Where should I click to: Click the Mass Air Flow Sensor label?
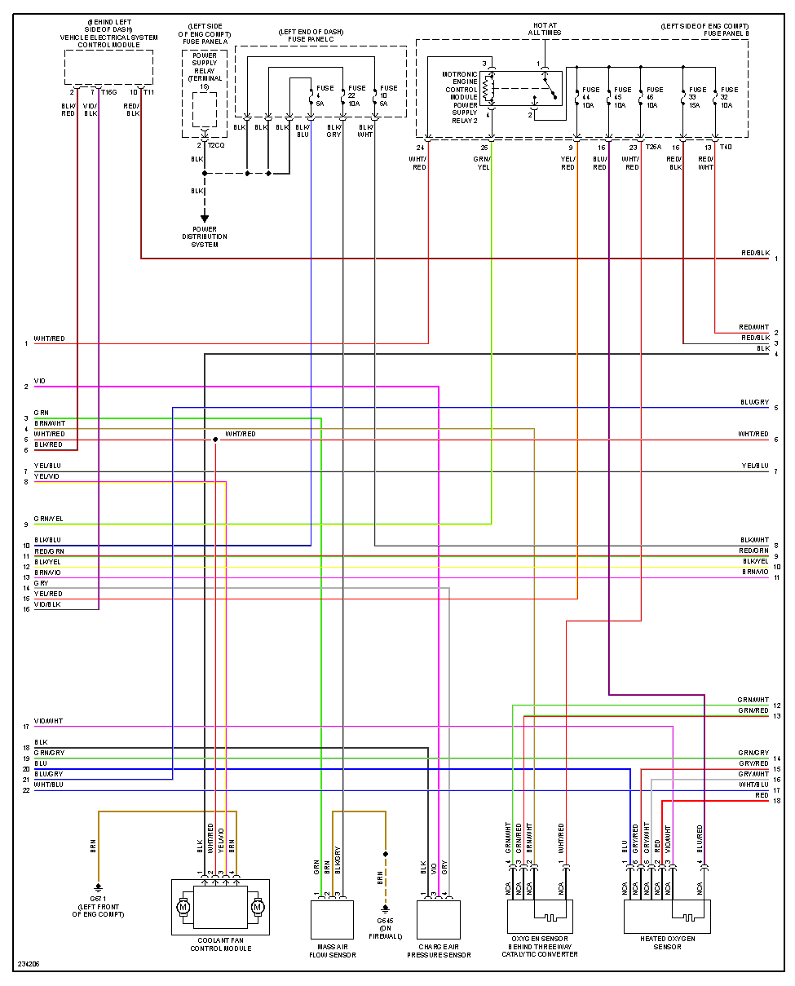click(332, 950)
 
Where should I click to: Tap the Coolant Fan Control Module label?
click(220, 945)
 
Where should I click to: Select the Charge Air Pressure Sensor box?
click(438, 919)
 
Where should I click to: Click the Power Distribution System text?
click(205, 237)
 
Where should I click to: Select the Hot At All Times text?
click(545, 29)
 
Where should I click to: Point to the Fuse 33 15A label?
click(697, 96)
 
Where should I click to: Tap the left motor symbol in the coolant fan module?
click(183, 906)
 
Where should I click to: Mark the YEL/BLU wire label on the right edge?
click(754, 466)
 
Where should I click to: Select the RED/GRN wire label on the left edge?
click(48, 551)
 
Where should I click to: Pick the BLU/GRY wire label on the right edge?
click(754, 402)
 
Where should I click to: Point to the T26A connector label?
click(653, 148)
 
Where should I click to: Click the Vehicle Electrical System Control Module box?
click(108, 67)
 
